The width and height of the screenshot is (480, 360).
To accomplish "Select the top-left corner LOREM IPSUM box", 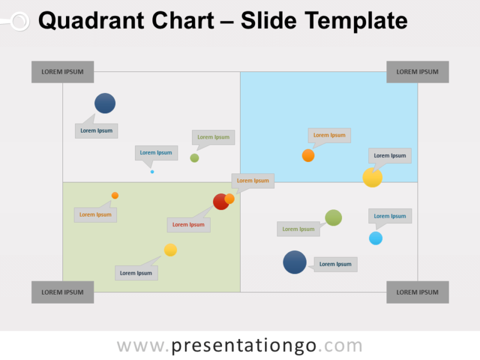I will pyautogui.click(x=62, y=72).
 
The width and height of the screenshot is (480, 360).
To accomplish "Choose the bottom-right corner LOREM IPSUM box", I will pyautogui.click(x=418, y=292).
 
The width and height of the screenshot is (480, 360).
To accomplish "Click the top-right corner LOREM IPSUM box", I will pyautogui.click(x=418, y=72).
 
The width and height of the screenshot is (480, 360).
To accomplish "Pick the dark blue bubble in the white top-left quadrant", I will pyautogui.click(x=105, y=103).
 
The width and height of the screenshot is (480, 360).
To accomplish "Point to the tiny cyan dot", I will pyautogui.click(x=152, y=172).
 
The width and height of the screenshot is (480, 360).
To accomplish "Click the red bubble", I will pyautogui.click(x=220, y=202).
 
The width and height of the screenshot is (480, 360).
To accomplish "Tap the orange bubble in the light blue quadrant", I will pyautogui.click(x=308, y=155).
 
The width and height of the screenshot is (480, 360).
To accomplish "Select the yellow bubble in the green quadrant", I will pyautogui.click(x=170, y=250).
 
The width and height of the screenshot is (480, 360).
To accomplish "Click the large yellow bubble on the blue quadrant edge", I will pyautogui.click(x=373, y=178).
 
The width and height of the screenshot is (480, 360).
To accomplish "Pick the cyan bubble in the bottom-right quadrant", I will pyautogui.click(x=376, y=238).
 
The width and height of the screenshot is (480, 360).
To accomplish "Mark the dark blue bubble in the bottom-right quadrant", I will pyautogui.click(x=295, y=262).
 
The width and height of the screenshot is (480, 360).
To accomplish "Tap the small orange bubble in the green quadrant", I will pyautogui.click(x=115, y=196).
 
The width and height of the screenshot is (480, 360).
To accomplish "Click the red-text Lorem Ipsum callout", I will pyautogui.click(x=188, y=224).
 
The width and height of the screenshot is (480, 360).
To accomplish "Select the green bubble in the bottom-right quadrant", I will pyautogui.click(x=334, y=218).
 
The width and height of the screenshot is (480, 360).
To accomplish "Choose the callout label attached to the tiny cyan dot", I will pyautogui.click(x=156, y=152).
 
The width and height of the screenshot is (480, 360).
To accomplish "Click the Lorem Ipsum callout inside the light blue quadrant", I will pyautogui.click(x=329, y=135).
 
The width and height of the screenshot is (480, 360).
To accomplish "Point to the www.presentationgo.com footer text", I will pyautogui.click(x=240, y=346).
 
